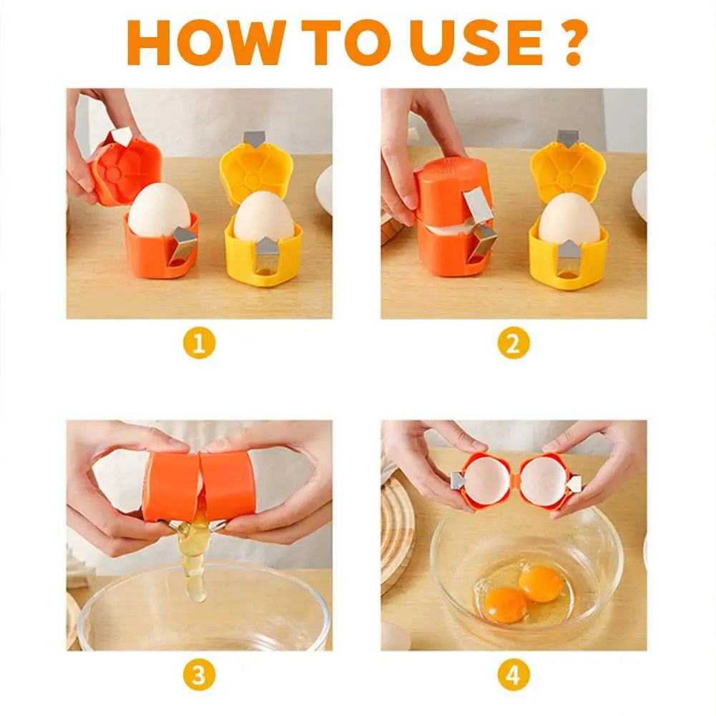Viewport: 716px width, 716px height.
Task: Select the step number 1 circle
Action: tap(199, 344)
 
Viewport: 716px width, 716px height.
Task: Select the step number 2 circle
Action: tap(514, 344)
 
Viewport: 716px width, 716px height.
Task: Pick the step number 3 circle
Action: tap(199, 675)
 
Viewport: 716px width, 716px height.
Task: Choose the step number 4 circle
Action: tap(514, 675)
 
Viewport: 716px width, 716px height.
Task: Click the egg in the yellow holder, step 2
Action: tap(569, 219)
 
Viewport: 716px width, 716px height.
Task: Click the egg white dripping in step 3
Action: tap(195, 565)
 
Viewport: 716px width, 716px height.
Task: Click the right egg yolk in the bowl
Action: tap(541, 583)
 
